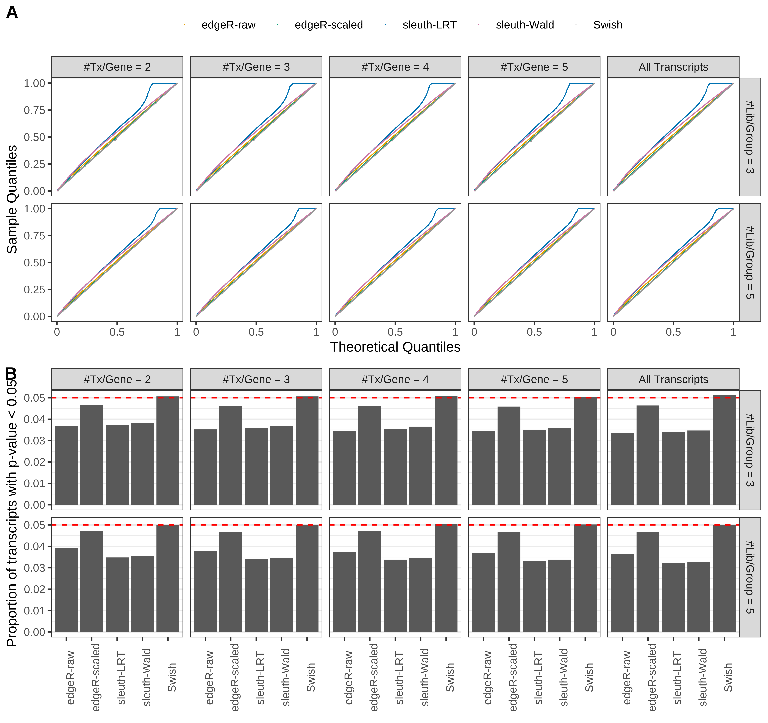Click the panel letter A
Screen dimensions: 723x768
click(12, 13)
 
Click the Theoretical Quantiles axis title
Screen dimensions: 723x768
click(395, 347)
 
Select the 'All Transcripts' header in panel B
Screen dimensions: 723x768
click(673, 379)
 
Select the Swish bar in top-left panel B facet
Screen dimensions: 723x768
click(168, 451)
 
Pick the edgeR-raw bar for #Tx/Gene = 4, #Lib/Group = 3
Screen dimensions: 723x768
click(344, 468)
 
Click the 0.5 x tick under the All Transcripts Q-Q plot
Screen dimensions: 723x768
click(673, 332)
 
